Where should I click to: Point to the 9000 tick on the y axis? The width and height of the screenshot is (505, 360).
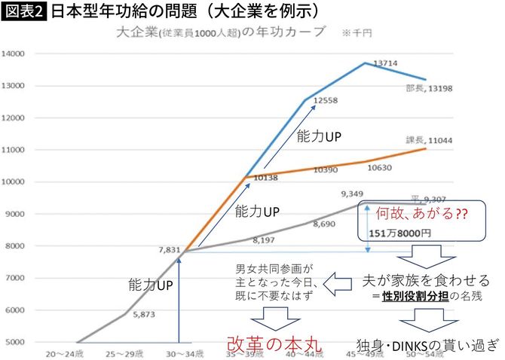(x=16, y=214)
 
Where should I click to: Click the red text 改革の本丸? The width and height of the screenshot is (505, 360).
(x=274, y=343)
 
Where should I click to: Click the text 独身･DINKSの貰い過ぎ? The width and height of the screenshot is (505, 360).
(x=427, y=344)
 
